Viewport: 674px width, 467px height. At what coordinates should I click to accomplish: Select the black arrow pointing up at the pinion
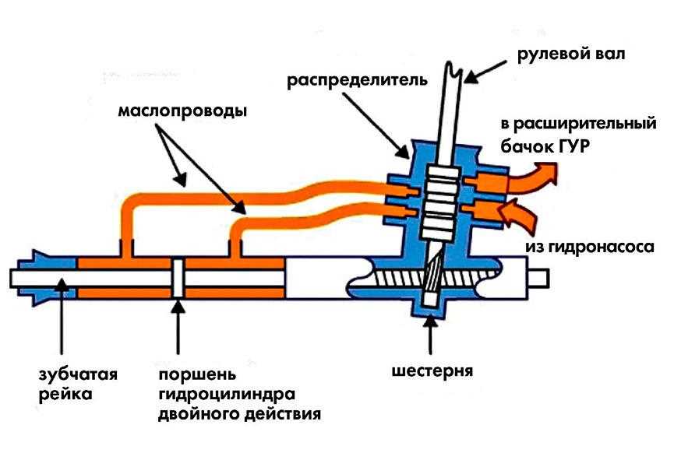pos(430,334)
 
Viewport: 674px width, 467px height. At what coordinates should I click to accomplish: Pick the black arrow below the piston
pos(178,326)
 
